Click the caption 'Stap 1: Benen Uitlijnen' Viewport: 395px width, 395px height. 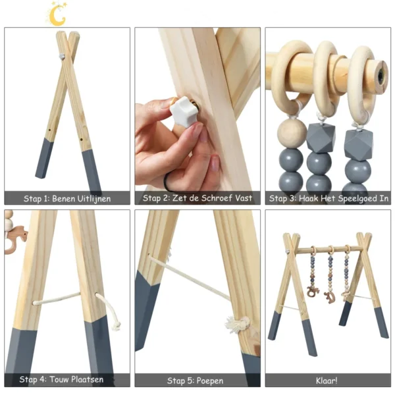[x=67, y=198]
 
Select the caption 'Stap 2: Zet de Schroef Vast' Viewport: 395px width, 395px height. [x=197, y=198]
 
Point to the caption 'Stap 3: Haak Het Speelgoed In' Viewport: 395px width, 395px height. [x=329, y=198]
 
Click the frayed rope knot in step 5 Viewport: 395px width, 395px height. [x=239, y=324]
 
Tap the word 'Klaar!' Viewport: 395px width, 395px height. [x=328, y=380]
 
